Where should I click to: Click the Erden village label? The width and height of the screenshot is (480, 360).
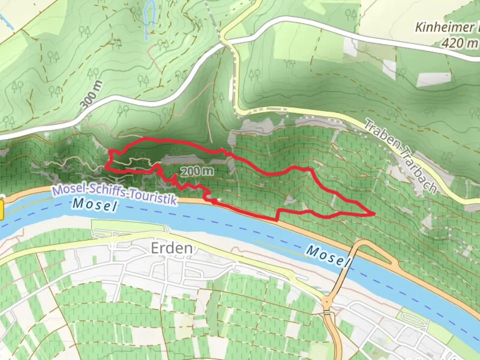pyautogui.click(x=172, y=248)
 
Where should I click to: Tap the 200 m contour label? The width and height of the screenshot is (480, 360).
pyautogui.click(x=197, y=171)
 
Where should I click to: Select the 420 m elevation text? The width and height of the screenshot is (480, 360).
pyautogui.click(x=459, y=43)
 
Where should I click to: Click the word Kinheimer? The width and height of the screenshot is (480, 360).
pyautogui.click(x=444, y=27)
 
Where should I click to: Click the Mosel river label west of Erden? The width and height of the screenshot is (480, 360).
pyautogui.click(x=95, y=204)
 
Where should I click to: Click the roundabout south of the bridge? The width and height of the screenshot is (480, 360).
pyautogui.click(x=327, y=303)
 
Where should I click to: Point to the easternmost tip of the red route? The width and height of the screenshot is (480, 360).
pyautogui.click(x=374, y=213)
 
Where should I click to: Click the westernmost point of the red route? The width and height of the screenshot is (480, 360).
pyautogui.click(x=106, y=166)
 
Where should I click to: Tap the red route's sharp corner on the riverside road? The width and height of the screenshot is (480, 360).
pyautogui.click(x=277, y=220)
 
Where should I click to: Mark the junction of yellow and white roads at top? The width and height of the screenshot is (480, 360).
pyautogui.click(x=226, y=41)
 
